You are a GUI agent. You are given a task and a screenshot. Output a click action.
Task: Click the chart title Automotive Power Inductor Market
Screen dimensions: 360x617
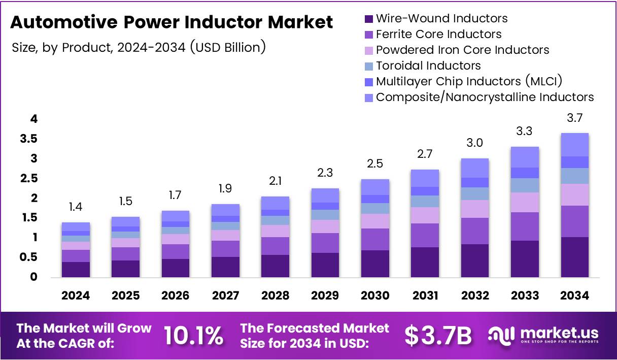click(172, 23)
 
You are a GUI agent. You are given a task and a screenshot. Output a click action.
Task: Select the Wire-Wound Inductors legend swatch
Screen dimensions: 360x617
click(368, 19)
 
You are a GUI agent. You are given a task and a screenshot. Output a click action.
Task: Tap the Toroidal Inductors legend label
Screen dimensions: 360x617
click(428, 66)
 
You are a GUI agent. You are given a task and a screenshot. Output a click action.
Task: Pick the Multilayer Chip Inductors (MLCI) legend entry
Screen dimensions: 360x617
click(469, 81)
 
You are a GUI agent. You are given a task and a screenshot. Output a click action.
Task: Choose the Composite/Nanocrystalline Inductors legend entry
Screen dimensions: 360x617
click(485, 97)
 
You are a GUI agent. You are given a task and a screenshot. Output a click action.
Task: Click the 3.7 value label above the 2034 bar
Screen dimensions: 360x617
click(574, 118)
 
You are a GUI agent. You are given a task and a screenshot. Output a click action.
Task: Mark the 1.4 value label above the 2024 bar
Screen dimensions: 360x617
click(76, 208)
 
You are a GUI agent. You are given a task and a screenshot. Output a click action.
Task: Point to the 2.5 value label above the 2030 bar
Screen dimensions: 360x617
click(375, 164)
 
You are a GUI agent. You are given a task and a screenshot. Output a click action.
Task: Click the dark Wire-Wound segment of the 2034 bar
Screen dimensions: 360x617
click(574, 257)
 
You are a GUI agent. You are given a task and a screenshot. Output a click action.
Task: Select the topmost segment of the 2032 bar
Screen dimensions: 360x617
click(474, 168)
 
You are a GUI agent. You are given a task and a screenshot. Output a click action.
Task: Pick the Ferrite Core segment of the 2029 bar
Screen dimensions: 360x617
click(325, 243)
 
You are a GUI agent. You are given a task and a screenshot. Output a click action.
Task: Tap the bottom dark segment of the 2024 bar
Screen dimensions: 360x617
click(76, 270)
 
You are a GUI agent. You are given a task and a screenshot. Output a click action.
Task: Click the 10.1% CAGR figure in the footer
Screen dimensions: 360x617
click(193, 335)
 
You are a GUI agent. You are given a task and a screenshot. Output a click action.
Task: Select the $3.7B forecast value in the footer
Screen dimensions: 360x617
click(438, 335)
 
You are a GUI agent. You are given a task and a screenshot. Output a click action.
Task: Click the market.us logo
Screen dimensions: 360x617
click(543, 335)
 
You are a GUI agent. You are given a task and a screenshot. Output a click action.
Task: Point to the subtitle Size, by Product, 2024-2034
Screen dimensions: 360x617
click(139, 48)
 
